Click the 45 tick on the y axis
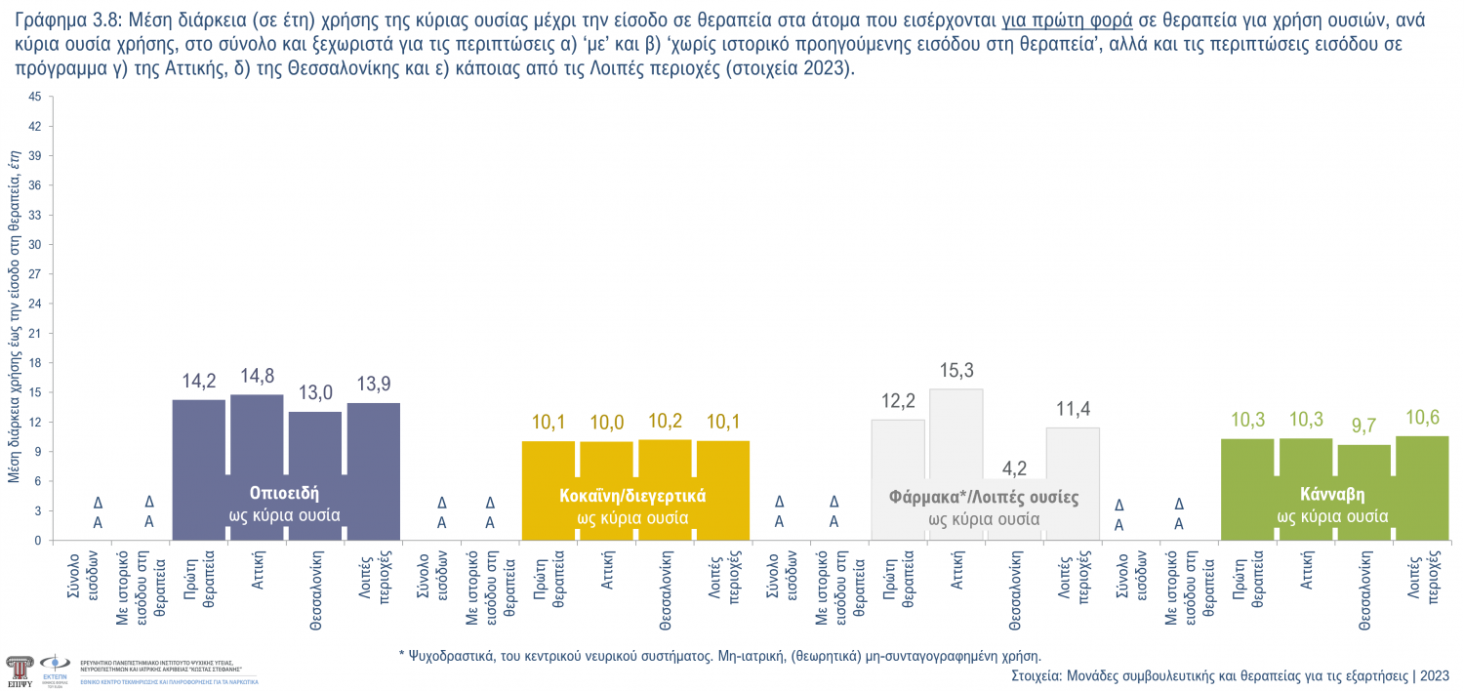click(35, 97)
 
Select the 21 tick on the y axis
click(35, 333)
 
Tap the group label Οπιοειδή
click(284, 492)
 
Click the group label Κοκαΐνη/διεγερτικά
click(632, 496)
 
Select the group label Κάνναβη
click(1332, 494)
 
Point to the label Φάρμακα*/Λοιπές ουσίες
click(984, 497)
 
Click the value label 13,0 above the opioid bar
click(315, 392)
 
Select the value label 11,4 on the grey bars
click(1073, 409)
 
